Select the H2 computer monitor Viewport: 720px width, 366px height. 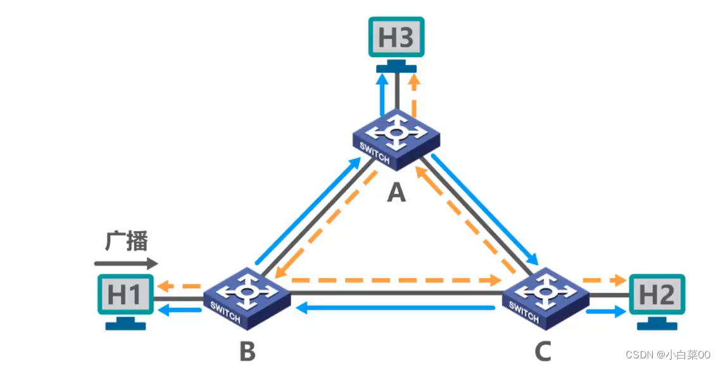[657, 294]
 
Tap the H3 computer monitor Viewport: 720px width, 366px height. [396, 38]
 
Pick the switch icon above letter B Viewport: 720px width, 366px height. [246, 296]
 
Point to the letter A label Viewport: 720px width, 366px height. [396, 191]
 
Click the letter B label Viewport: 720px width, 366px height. [247, 350]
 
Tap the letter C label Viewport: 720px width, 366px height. [542, 350]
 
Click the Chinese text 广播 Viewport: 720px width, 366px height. [126, 241]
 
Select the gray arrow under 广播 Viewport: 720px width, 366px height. [126, 262]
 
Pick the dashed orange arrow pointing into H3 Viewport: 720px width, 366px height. [414, 95]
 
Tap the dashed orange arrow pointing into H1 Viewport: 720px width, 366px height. [178, 286]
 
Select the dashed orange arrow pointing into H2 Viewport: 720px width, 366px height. [605, 279]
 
